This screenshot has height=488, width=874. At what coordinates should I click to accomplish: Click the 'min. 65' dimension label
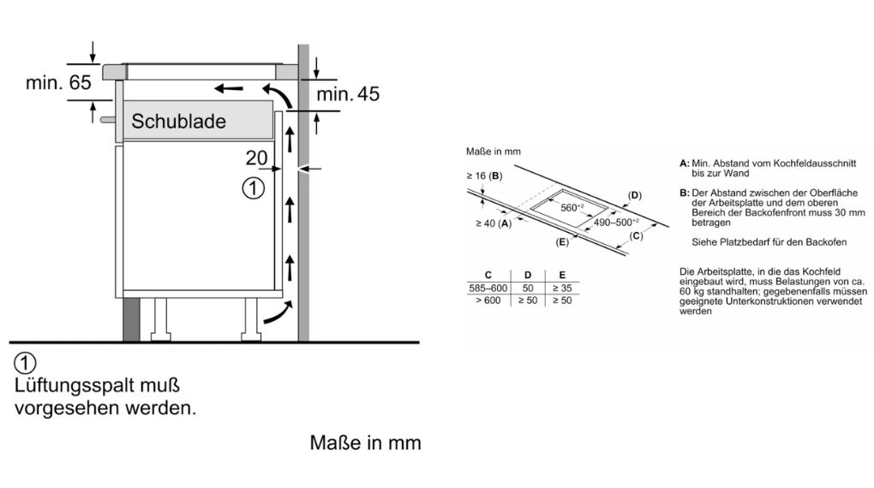coord(58,83)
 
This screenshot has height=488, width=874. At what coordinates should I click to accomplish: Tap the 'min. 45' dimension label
coord(348,94)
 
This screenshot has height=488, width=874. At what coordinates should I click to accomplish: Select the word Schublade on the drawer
coord(178,122)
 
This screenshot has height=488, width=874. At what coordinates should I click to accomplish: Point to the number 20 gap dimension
coord(255,158)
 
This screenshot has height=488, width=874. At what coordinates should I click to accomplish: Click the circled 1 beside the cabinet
coord(251,188)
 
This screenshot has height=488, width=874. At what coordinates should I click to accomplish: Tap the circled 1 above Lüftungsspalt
coord(25,362)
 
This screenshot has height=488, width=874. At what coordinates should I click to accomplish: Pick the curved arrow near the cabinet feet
coord(275,314)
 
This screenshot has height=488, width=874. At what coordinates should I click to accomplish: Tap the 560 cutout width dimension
coord(572,208)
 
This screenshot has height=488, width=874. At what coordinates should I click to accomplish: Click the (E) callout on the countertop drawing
coord(562,242)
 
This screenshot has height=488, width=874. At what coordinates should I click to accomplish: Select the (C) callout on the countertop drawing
coord(636,235)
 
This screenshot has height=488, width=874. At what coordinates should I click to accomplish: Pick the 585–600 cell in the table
coord(488,289)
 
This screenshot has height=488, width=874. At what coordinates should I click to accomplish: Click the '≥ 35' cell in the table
coord(561,289)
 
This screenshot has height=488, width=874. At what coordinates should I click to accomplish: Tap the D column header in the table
coord(528,275)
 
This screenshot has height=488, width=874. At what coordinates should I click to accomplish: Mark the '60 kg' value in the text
coord(689,292)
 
